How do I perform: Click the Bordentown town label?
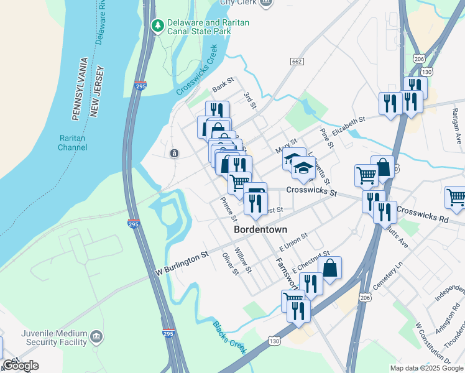pyautogui.click(x=260, y=229)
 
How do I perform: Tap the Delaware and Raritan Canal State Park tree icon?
pyautogui.click(x=158, y=25)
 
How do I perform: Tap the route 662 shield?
pyautogui.click(x=296, y=61)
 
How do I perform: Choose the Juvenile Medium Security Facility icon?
pyautogui.click(x=96, y=336)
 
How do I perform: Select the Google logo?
pyautogui.click(x=21, y=366)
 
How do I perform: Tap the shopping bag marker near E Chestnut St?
pyautogui.click(x=330, y=268)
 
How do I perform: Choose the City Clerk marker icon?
pyautogui.click(x=266, y=2)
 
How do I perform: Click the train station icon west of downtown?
pyautogui.click(x=175, y=153)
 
